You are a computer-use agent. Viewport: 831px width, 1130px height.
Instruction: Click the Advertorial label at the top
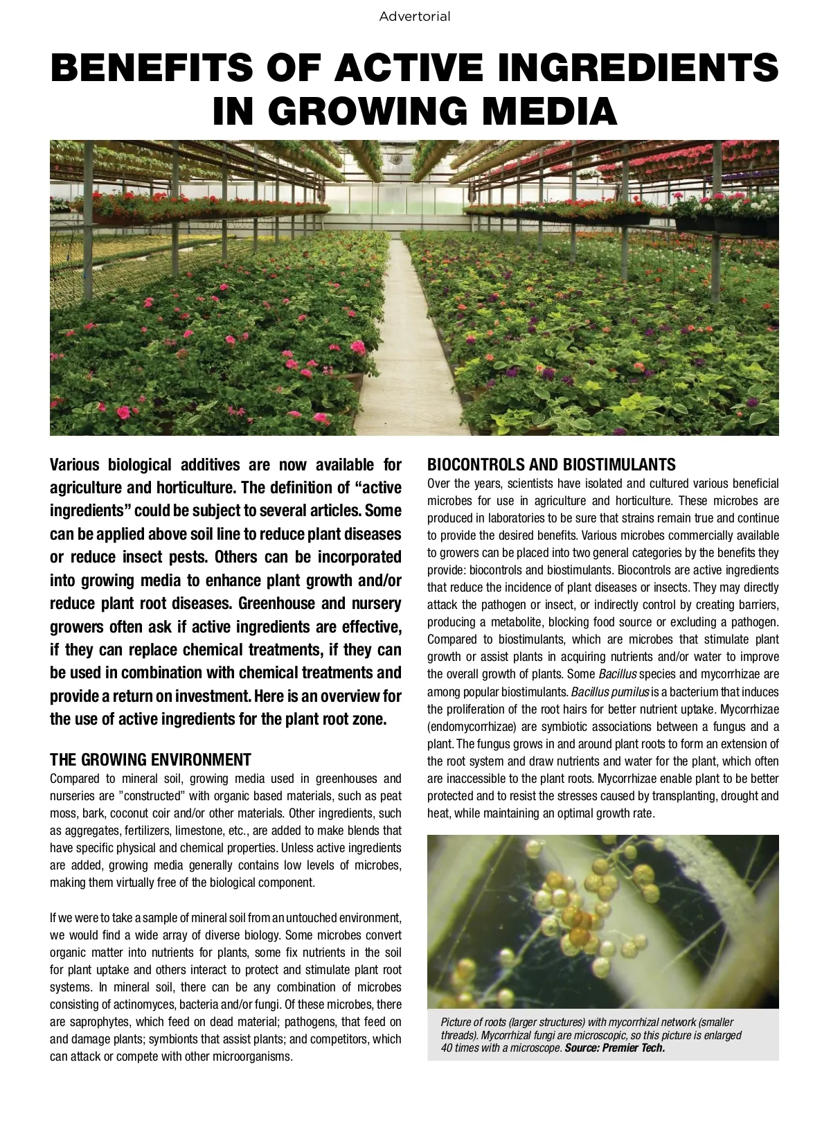click(x=414, y=17)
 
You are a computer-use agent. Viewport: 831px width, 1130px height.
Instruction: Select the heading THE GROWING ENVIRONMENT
click(x=150, y=760)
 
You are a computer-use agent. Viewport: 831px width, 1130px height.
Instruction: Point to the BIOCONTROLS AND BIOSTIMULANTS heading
click(x=551, y=464)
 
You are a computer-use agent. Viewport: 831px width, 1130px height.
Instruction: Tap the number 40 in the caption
click(x=448, y=1048)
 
